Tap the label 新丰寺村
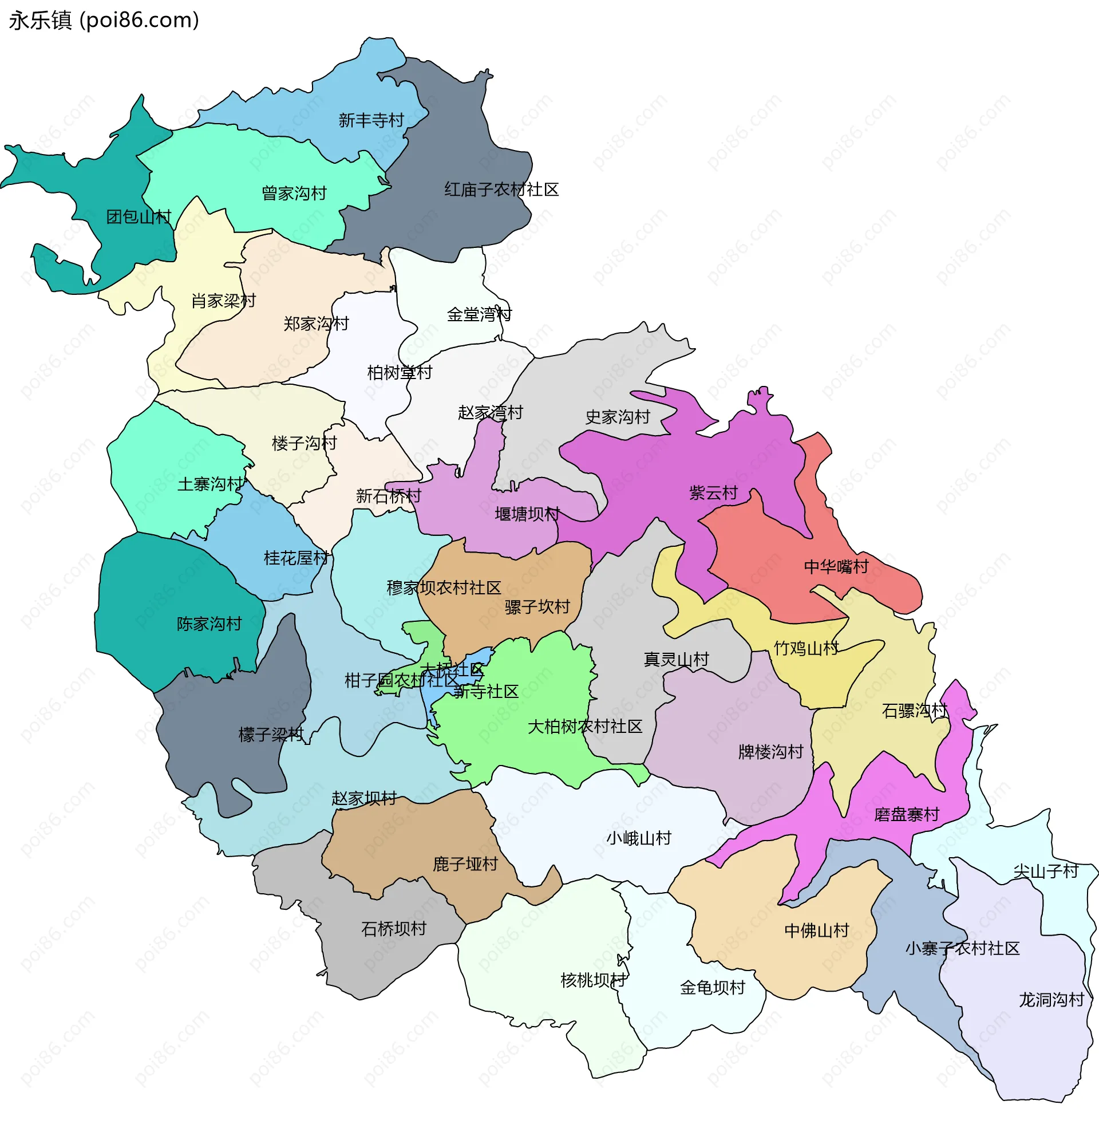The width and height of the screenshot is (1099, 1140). (371, 120)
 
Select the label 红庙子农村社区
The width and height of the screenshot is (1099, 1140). (501, 190)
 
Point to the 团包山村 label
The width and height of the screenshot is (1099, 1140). (139, 217)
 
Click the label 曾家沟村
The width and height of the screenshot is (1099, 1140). (294, 193)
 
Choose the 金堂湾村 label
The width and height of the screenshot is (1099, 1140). (479, 315)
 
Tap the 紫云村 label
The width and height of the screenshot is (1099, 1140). (713, 493)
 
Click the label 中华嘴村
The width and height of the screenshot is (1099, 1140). (836, 566)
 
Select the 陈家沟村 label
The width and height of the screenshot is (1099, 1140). (209, 624)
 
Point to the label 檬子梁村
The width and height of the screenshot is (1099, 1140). (270, 735)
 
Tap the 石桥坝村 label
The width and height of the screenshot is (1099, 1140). (394, 929)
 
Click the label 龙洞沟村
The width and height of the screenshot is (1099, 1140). (1051, 1000)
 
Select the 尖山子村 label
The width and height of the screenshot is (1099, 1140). (1046, 871)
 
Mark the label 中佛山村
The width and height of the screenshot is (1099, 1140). (816, 930)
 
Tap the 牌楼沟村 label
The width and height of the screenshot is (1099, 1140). (770, 752)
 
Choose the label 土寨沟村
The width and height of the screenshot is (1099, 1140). (210, 484)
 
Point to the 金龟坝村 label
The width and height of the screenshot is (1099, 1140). (711, 988)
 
